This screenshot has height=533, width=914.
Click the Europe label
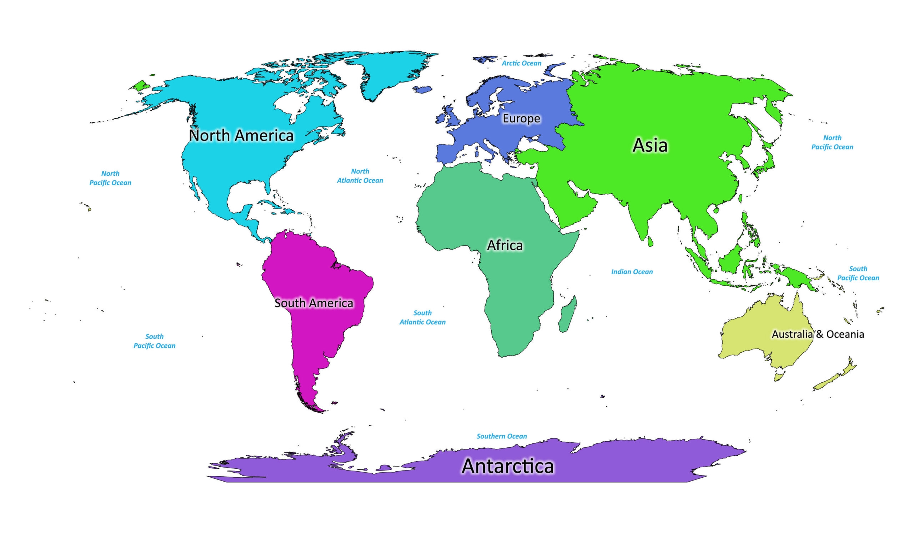pyautogui.click(x=521, y=119)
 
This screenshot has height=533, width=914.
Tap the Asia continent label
pyautogui.click(x=649, y=145)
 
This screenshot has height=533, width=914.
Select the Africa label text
pyautogui.click(x=504, y=246)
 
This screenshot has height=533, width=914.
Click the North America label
pyautogui.click(x=241, y=136)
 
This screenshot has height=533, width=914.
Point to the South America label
pyautogui.click(x=314, y=303)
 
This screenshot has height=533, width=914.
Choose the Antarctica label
pyautogui.click(x=507, y=466)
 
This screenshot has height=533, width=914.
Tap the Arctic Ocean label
pyautogui.click(x=521, y=63)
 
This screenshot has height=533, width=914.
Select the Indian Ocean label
pyautogui.click(x=632, y=272)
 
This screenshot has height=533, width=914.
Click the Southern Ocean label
pyautogui.click(x=502, y=436)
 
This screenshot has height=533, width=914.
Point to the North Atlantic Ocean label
pyautogui.click(x=360, y=176)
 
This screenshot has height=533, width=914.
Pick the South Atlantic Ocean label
pyautogui.click(x=422, y=317)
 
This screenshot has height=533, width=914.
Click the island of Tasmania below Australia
pyautogui.click(x=778, y=377)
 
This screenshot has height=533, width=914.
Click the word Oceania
pyautogui.click(x=845, y=334)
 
